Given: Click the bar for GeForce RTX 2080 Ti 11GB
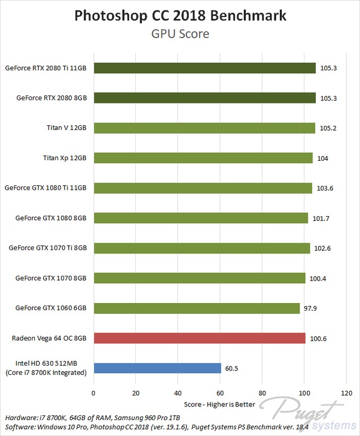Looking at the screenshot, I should (205, 68).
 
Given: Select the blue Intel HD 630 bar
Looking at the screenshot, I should (157, 368).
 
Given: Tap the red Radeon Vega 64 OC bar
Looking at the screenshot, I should (200, 338).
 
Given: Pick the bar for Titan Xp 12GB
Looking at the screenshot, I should (203, 158).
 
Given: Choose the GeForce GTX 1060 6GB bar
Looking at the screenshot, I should (197, 308).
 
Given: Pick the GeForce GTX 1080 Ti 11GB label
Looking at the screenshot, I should (46, 188).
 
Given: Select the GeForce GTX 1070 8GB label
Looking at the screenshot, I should (51, 278).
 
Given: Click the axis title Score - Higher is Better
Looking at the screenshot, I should (220, 404).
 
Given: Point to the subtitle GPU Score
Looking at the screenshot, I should (181, 34).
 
